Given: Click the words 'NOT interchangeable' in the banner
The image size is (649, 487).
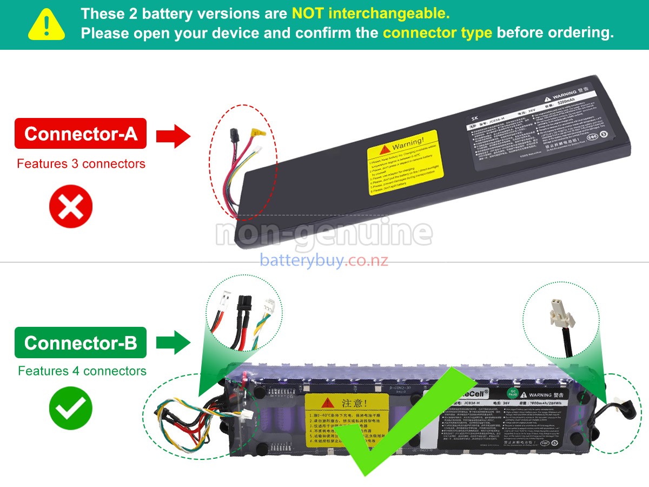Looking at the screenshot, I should point(370,13).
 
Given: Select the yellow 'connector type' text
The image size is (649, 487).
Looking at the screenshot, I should point(437,32).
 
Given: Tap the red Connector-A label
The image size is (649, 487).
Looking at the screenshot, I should point(81,133).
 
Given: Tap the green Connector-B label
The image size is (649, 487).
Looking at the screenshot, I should point(81,343).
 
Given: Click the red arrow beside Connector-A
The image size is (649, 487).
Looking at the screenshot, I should point(173,135).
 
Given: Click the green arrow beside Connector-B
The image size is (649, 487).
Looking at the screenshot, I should point(173,343).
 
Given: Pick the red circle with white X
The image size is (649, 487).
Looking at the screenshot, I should point(71,206).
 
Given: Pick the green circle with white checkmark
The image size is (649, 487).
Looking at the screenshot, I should point(71,409).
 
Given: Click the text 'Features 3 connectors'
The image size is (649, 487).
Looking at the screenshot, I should point(81,163).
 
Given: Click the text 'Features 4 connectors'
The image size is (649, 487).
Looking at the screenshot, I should point(82,371).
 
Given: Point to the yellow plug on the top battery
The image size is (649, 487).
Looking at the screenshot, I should point(258,131).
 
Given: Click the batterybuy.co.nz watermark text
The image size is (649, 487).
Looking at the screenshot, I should point(324,260).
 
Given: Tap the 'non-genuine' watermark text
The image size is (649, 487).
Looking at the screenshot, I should point(324,233).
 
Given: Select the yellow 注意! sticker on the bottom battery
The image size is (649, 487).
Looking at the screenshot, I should point(347,420).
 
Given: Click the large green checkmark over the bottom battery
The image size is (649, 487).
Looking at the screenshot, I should point(395,427).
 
